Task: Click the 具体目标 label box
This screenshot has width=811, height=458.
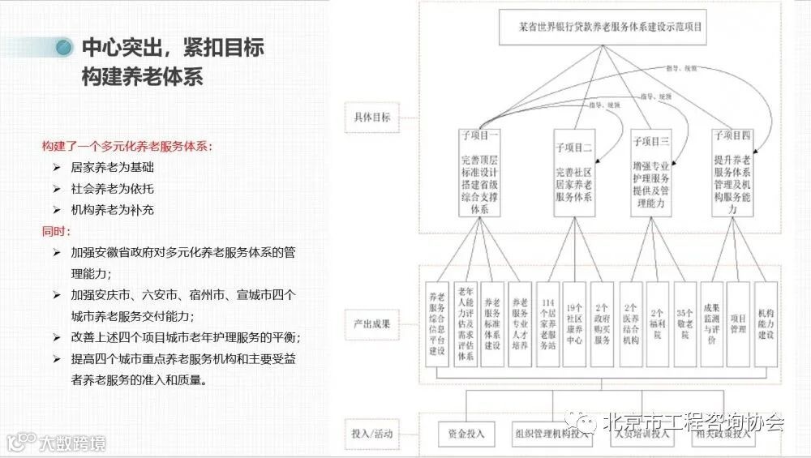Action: [371, 118]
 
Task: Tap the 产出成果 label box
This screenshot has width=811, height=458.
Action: [371, 324]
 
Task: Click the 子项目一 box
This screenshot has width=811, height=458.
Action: [479, 171]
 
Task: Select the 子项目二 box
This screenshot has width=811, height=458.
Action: [575, 173]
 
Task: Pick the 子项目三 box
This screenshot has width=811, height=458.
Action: [650, 173]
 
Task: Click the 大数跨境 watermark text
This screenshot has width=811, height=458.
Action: [71, 444]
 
